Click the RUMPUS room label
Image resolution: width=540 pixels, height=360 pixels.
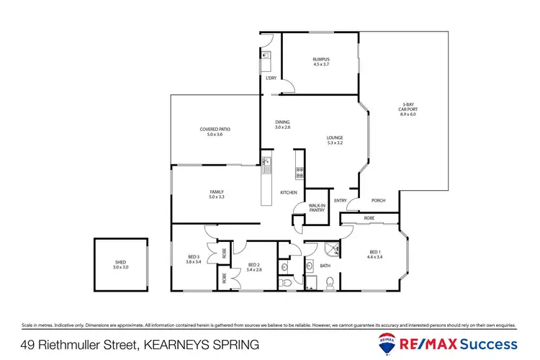pyautogui.click(x=320, y=59)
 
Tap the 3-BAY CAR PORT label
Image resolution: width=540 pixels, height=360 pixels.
pyautogui.click(x=408, y=106)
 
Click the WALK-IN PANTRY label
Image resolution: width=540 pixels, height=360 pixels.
pyautogui.click(x=318, y=207)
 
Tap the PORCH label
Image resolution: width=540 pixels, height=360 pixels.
pyautogui.click(x=378, y=201)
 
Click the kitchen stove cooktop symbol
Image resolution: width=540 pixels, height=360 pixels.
pyautogui.click(x=300, y=173)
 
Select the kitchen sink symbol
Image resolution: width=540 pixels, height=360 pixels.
pyautogui.click(x=266, y=166)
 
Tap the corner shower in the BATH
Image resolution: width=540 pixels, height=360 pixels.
pyautogui.click(x=332, y=249)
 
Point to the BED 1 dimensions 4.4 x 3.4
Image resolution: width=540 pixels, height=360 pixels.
pyautogui.click(x=374, y=256)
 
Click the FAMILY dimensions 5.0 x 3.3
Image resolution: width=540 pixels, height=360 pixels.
pyautogui.click(x=217, y=197)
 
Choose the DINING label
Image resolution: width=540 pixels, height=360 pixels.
pyautogui.click(x=282, y=122)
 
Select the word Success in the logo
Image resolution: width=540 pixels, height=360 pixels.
pyautogui.click(x=490, y=343)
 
